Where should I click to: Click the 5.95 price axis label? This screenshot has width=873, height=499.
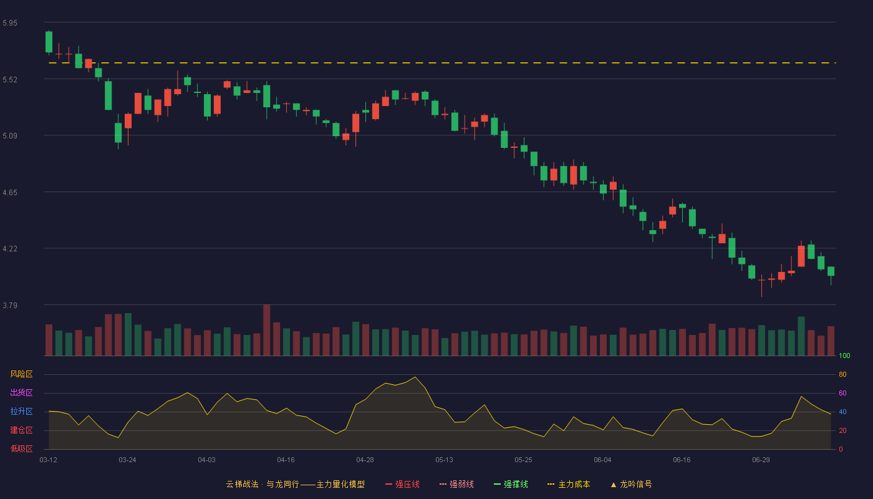[x=10, y=23]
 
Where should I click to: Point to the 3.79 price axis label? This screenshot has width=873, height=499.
[x=10, y=305]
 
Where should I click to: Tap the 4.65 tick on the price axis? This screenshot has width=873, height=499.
[x=10, y=193]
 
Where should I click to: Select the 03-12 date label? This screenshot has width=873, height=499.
[x=49, y=460]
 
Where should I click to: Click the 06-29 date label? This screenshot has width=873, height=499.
[x=761, y=460]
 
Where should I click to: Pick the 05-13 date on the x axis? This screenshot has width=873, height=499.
[x=444, y=460]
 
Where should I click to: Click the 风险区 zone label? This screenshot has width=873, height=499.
[x=21, y=374]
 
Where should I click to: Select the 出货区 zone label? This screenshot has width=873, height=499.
[x=21, y=392]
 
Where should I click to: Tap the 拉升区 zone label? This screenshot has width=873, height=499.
[x=21, y=411]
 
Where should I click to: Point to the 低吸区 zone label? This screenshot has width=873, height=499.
[x=21, y=448]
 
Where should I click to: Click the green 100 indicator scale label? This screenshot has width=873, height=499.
[x=844, y=356]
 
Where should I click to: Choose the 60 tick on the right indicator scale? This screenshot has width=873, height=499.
[x=842, y=393]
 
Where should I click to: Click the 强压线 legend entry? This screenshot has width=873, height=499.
[x=402, y=484]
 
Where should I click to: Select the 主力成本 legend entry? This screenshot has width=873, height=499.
[x=569, y=484]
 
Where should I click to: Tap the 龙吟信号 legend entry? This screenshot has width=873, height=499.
[x=631, y=484]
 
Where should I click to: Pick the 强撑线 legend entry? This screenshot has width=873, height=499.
[x=511, y=484]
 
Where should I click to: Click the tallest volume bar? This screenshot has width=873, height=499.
[x=267, y=330]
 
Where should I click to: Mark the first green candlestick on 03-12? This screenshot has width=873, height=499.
[x=49, y=42]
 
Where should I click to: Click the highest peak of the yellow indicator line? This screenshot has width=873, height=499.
[x=415, y=377]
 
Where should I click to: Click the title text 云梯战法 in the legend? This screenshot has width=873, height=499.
[x=243, y=484]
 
